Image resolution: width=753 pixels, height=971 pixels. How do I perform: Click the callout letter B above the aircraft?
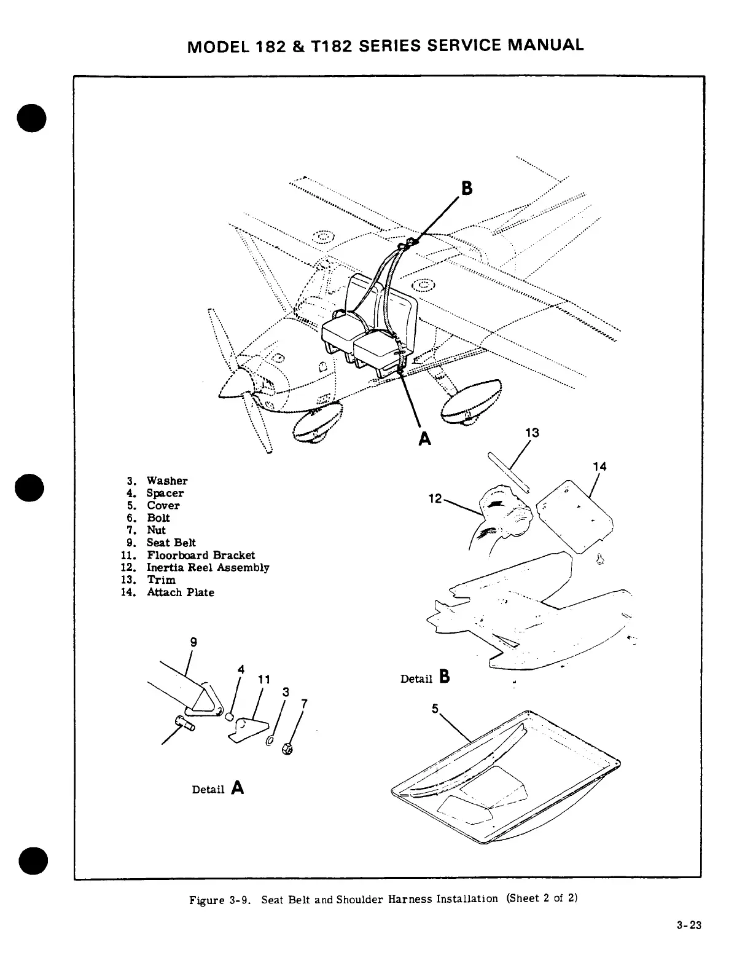(467, 188)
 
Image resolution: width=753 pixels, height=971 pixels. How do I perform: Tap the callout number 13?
(532, 433)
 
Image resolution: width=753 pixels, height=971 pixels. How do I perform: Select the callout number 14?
(599, 466)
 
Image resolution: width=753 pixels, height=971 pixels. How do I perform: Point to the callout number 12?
(435, 498)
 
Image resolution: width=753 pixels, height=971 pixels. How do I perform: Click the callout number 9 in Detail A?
(193, 642)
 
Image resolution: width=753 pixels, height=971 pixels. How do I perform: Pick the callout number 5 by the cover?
(435, 709)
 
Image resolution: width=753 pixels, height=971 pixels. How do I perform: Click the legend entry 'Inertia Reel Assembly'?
(208, 567)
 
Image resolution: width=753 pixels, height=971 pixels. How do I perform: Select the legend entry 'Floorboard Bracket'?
(201, 555)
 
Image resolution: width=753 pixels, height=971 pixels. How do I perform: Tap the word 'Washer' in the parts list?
(167, 481)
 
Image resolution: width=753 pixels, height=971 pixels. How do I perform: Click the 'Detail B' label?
(425, 678)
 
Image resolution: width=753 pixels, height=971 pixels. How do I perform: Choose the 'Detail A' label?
(218, 788)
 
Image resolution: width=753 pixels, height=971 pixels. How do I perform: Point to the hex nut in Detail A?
(286, 749)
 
